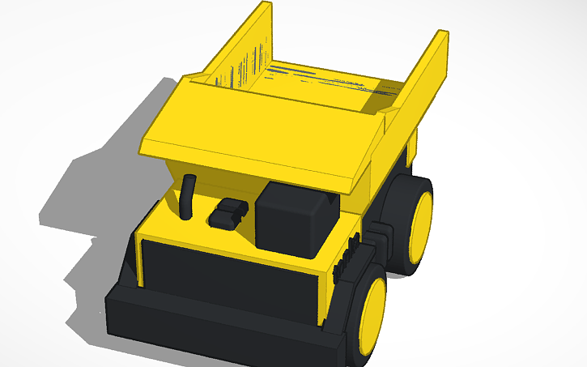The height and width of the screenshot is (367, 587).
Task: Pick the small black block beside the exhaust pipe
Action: tap(226, 214)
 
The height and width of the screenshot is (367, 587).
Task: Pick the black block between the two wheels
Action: tap(381, 235)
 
